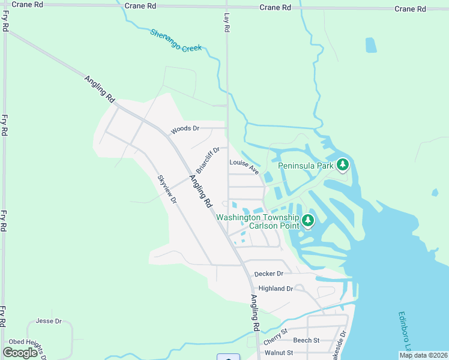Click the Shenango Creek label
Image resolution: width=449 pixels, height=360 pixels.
(176, 40)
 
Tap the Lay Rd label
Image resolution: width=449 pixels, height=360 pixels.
(227, 23)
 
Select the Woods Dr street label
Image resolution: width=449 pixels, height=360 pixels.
(184, 130)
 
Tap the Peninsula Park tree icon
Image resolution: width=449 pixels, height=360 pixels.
(342, 164)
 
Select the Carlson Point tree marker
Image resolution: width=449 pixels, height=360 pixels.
(307, 220)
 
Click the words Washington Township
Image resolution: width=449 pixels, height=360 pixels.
(258, 217)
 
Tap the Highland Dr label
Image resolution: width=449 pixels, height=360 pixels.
(276, 289)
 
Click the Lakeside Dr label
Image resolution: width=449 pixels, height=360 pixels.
(344, 341)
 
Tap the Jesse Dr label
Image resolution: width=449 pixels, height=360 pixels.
(49, 321)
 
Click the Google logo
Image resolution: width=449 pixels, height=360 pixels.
(20, 352)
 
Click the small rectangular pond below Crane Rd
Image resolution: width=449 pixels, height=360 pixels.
(371, 46)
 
